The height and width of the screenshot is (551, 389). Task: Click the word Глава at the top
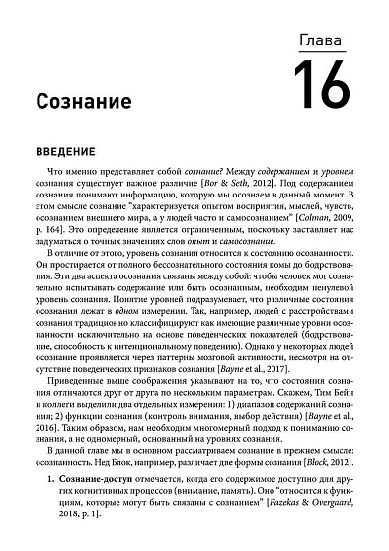tap(323, 40)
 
